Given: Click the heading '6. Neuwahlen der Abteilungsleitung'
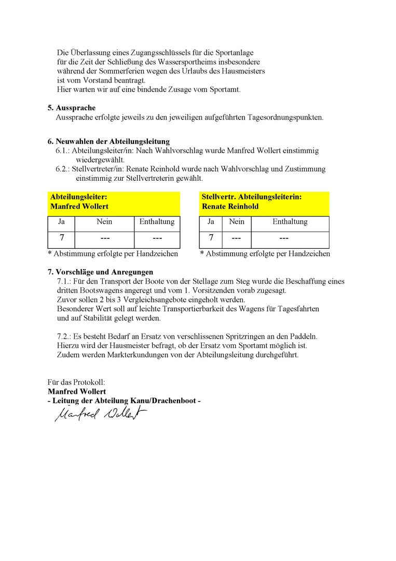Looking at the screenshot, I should coord(108,141).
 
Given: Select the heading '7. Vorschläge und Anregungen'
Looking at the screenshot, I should coord(100,272).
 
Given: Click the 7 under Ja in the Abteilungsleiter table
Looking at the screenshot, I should coord(62,238).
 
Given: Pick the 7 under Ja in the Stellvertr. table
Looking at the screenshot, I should coord(211,238).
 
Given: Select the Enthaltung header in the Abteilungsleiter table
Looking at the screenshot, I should coord(157,222).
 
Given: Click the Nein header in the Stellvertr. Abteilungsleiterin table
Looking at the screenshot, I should coord(236,222).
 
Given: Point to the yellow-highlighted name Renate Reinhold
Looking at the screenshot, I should coord(230,206).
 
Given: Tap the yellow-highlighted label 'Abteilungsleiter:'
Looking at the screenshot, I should coord(79,197).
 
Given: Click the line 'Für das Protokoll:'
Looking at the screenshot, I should coord(76,382).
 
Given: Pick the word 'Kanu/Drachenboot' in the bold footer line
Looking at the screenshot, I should coord(161,400).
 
